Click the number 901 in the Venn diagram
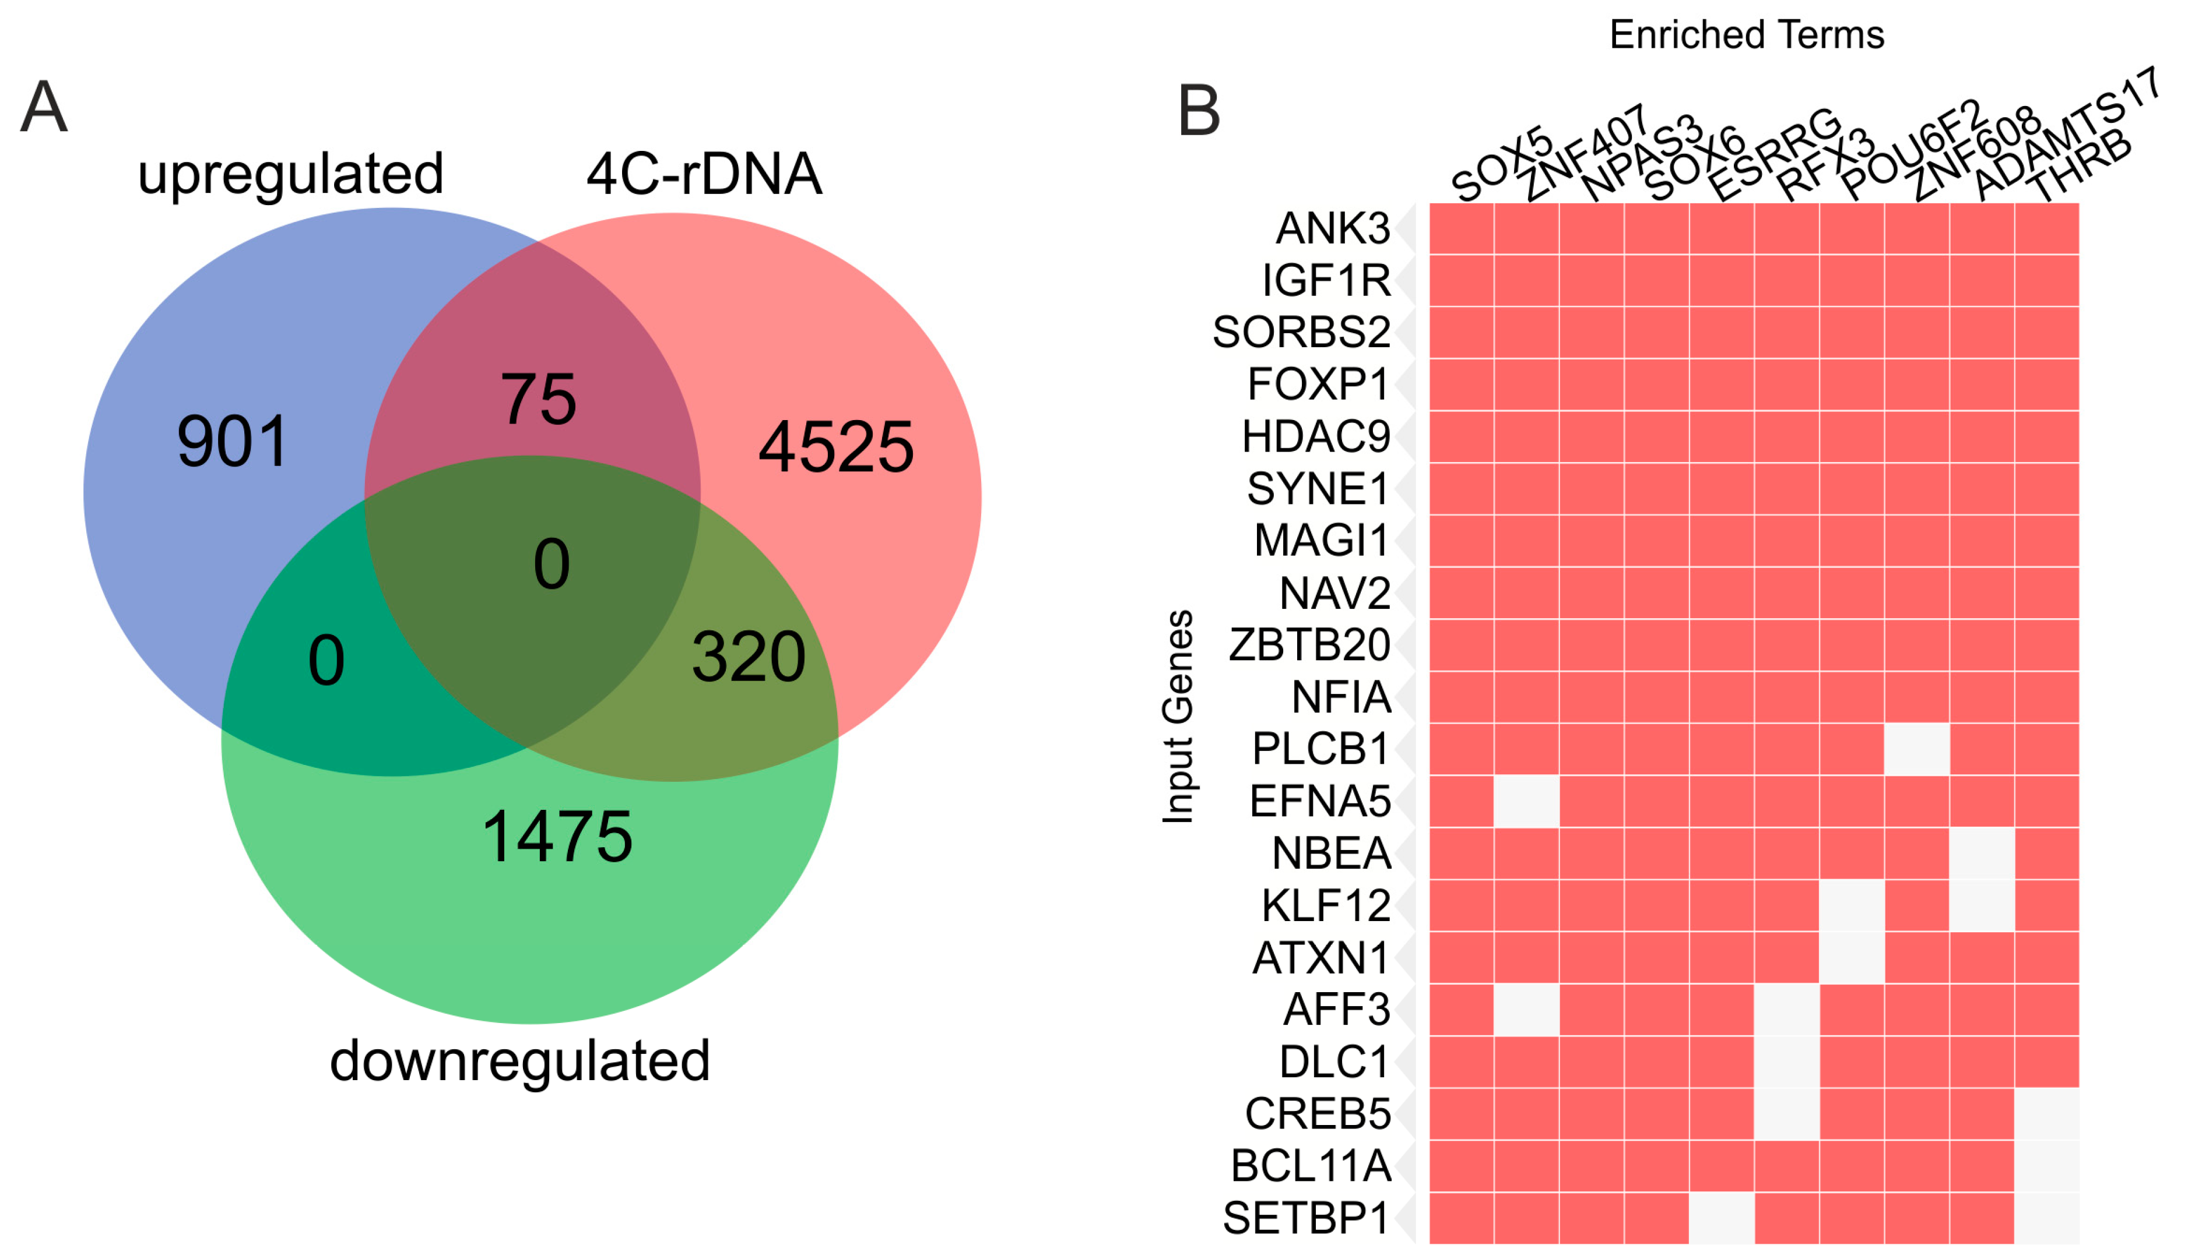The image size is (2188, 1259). pyautogui.click(x=232, y=442)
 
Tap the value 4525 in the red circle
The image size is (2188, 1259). pyautogui.click(x=836, y=447)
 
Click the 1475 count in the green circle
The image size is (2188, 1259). pyautogui.click(x=557, y=836)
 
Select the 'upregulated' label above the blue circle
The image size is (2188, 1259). pyautogui.click(x=291, y=174)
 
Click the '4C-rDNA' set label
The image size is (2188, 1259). pyautogui.click(x=704, y=174)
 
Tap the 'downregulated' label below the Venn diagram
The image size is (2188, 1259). pyautogui.click(x=520, y=1061)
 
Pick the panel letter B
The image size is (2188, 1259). pyautogui.click(x=1199, y=111)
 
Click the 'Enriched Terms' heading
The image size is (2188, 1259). pyautogui.click(x=1746, y=34)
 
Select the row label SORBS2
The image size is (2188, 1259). pyautogui.click(x=1301, y=332)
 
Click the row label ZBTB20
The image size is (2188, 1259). pyautogui.click(x=1309, y=645)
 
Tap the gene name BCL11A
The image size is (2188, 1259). pyautogui.click(x=1311, y=1166)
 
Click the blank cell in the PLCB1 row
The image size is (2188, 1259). pyautogui.click(x=1916, y=749)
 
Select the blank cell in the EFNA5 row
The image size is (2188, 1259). pyautogui.click(x=1526, y=800)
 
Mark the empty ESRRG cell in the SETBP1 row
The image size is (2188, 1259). pyautogui.click(x=1722, y=1218)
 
